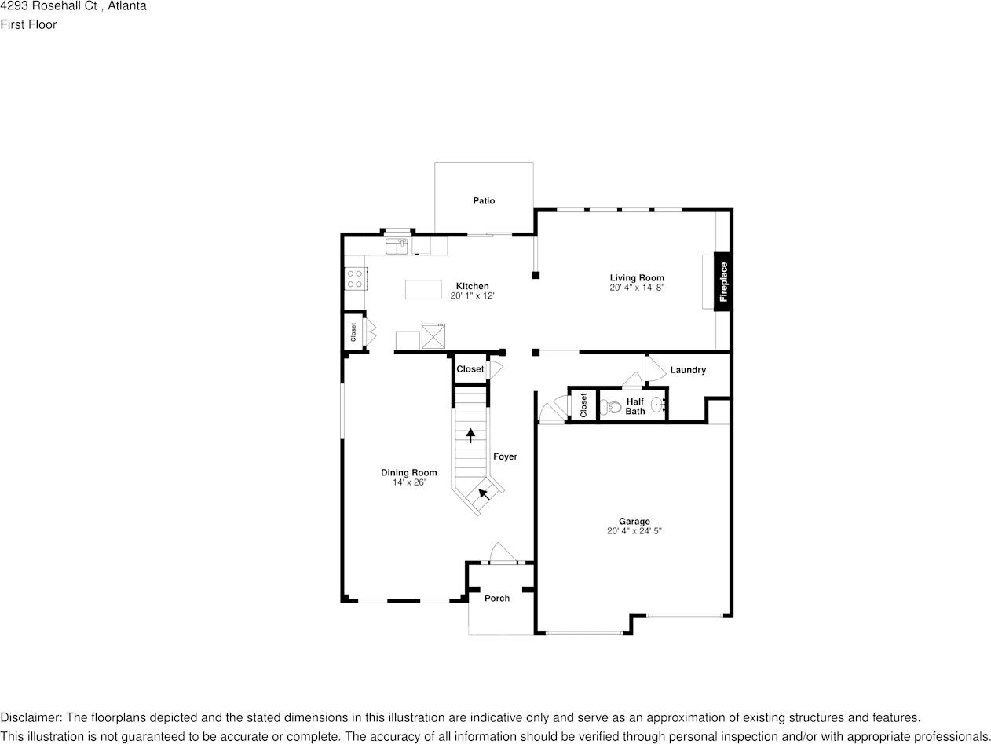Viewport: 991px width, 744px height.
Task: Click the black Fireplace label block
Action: (x=722, y=281)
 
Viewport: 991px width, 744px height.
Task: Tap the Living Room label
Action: (x=637, y=277)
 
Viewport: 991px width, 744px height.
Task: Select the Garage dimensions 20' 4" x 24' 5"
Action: (x=634, y=531)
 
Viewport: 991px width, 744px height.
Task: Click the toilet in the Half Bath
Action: (x=610, y=407)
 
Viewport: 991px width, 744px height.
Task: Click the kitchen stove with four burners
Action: (x=355, y=279)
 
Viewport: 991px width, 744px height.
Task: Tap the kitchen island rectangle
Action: (x=423, y=289)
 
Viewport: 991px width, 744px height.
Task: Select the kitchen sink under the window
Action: (x=397, y=247)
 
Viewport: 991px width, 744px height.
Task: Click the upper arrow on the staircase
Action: (x=470, y=434)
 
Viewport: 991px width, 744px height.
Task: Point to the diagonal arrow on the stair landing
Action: (x=485, y=494)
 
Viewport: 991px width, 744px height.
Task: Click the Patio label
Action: (x=484, y=201)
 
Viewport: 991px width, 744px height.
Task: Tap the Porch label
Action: (x=496, y=598)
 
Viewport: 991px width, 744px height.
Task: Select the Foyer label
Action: (x=505, y=456)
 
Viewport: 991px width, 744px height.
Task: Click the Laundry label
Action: (x=688, y=370)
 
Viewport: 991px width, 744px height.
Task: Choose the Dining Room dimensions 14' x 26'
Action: (x=408, y=482)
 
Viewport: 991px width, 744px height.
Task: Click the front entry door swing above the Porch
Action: (x=500, y=553)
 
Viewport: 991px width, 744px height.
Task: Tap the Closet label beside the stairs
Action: (x=470, y=369)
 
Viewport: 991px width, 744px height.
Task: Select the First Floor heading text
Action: (x=28, y=24)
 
